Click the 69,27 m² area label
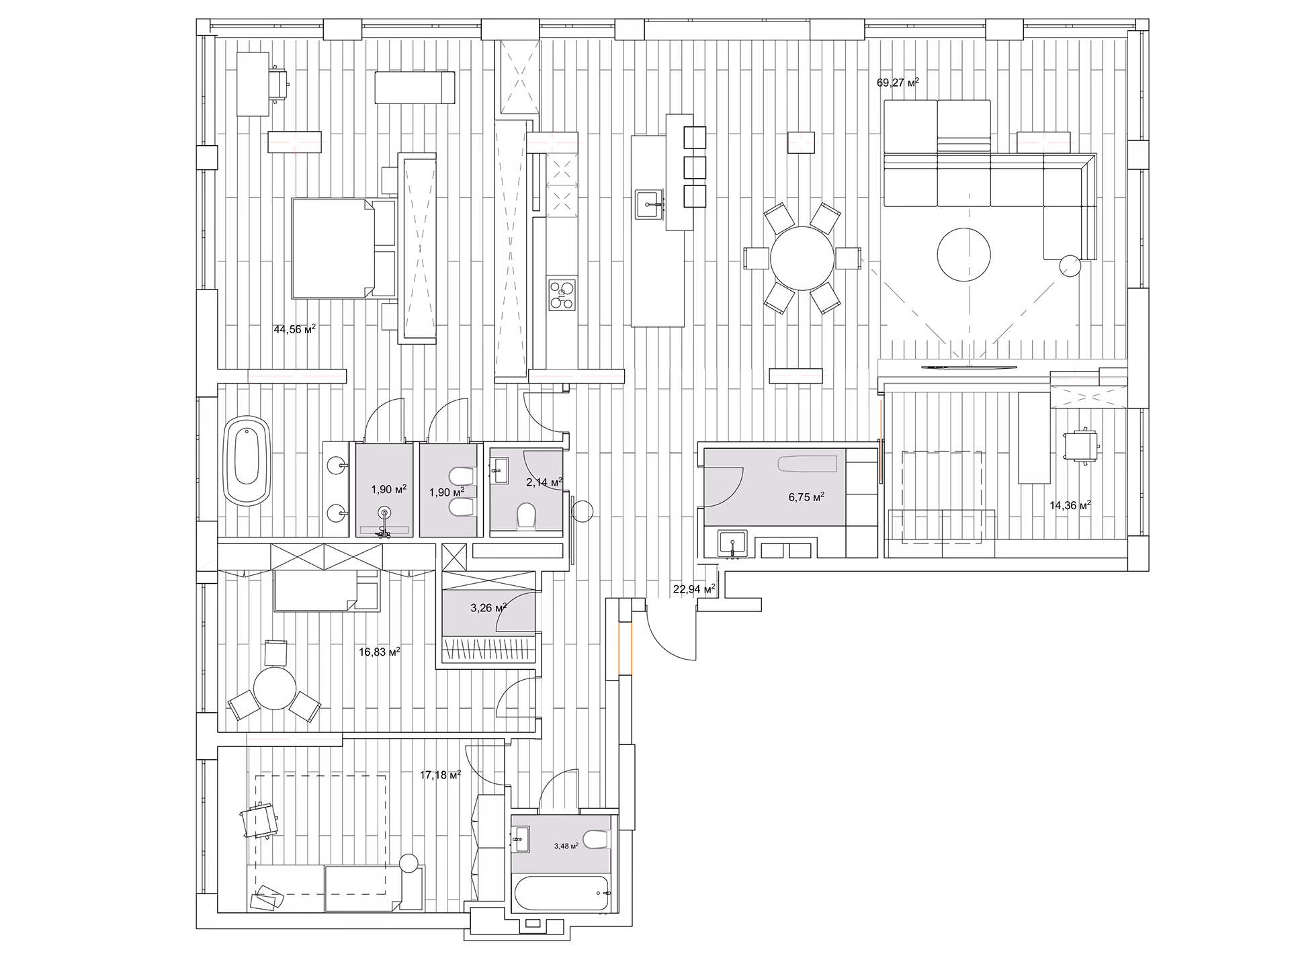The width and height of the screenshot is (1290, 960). (x=898, y=83)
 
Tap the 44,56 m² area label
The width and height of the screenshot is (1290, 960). (x=294, y=330)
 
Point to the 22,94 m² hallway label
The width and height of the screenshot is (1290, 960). (x=693, y=590)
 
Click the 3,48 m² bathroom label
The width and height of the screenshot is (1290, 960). (x=566, y=846)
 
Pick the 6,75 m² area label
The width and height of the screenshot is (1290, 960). (x=806, y=498)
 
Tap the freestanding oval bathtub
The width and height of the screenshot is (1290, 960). (x=246, y=460)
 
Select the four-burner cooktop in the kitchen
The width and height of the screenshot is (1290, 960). (x=562, y=295)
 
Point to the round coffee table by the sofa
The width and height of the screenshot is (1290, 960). (x=964, y=255)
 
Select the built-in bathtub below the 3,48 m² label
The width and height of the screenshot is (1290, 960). (x=562, y=894)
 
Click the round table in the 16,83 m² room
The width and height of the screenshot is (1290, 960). (x=275, y=689)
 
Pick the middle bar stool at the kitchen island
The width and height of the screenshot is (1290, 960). (x=695, y=167)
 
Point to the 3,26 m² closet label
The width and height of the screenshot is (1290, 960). (x=488, y=609)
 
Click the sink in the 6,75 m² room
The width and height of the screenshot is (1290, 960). (x=733, y=543)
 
